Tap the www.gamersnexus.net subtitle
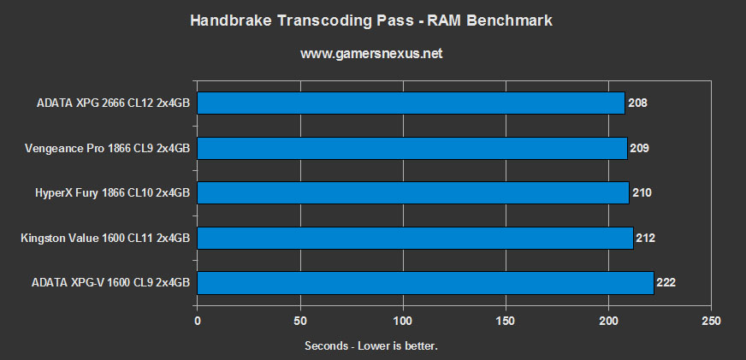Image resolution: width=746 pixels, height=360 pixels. pos(371,54)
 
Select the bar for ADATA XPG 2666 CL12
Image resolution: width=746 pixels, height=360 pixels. pos(411,103)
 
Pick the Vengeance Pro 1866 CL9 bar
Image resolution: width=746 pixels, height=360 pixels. pos(412,148)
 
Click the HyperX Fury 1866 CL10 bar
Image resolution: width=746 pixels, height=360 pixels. pos(413,192)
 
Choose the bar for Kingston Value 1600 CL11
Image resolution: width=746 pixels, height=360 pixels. pos(415,237)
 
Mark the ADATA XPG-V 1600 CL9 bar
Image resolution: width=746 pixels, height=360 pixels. pos(425,281)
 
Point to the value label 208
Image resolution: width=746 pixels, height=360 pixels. pos(637,103)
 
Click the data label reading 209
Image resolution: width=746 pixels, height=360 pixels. pos(640,148)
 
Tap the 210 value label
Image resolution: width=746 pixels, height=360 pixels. pos(642,192)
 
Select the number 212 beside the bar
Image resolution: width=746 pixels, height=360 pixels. pos(646,237)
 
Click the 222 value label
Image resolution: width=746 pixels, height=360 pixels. pos(666,281)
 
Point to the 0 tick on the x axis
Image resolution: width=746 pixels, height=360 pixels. pos(198,321)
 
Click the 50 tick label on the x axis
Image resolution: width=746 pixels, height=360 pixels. pos(300,321)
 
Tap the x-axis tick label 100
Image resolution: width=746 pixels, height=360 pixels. pos(403,321)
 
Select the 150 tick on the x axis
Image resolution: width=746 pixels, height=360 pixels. pos(506,321)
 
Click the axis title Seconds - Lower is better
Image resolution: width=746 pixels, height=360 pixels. pos(371,345)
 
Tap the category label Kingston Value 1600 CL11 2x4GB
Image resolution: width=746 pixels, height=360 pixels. pos(105,237)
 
